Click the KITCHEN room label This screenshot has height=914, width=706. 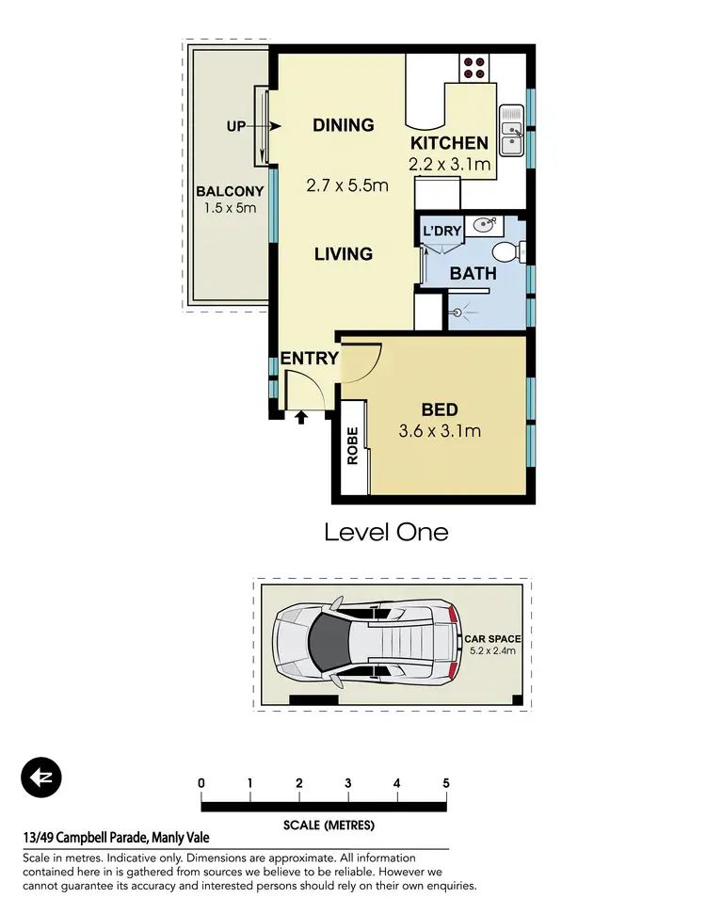click(449, 144)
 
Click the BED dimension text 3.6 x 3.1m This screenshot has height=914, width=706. click(439, 432)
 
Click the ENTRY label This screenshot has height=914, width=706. click(309, 358)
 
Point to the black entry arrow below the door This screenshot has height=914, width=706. click(301, 416)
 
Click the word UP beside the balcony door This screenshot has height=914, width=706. click(236, 126)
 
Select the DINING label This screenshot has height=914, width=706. click(344, 125)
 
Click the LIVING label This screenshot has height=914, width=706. click(344, 254)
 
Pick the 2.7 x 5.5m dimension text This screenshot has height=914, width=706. click(347, 185)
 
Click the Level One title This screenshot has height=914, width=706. click(386, 532)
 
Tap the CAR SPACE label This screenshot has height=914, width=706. click(492, 639)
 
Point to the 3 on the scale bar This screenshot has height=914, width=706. click(347, 783)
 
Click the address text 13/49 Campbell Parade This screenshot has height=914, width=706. click(116, 838)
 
